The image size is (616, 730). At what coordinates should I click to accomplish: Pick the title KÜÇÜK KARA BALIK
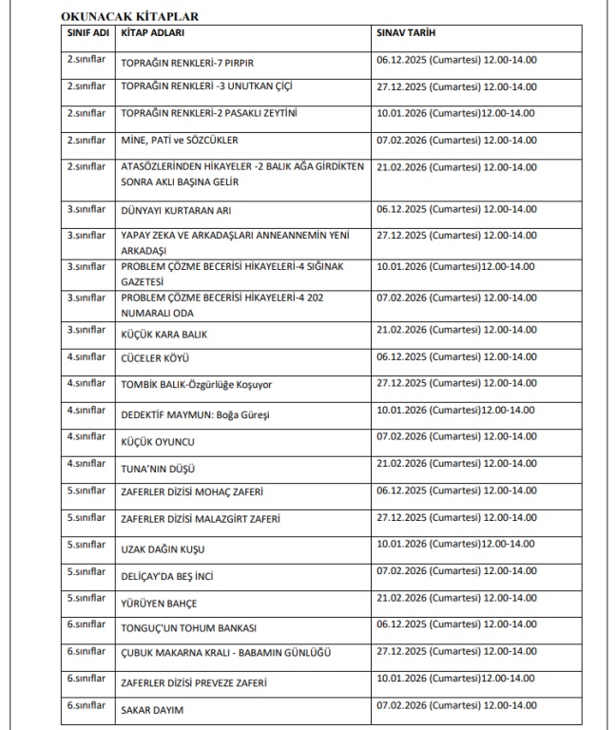(164, 335)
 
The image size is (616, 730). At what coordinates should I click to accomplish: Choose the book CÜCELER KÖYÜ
(156, 359)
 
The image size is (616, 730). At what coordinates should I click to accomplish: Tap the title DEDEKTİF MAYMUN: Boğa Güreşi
(193, 414)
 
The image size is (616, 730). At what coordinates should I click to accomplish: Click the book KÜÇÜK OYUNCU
(158, 442)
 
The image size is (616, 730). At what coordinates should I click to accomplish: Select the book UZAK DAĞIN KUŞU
(164, 549)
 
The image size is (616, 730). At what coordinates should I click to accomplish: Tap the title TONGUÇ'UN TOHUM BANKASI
(189, 628)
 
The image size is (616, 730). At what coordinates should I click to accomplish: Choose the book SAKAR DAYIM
(152, 710)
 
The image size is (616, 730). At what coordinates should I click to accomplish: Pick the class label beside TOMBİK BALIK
(86, 383)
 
